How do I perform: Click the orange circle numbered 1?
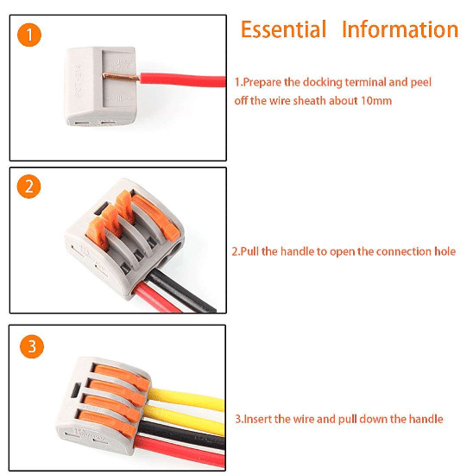pyautogui.click(x=29, y=35)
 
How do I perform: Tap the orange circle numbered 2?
pyautogui.click(x=28, y=187)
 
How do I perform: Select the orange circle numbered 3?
pyautogui.click(x=32, y=346)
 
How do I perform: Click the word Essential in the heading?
pyautogui.click(x=283, y=29)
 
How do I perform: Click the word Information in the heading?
pyautogui.click(x=400, y=29)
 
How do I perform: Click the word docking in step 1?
pyautogui.click(x=323, y=82)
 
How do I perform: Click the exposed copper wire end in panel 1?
pyautogui.click(x=121, y=77)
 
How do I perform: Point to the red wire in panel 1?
pyautogui.click(x=183, y=80)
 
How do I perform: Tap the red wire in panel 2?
pyautogui.click(x=157, y=298)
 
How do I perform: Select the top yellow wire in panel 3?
pyautogui.click(x=186, y=398)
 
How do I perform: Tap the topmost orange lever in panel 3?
pyautogui.click(x=122, y=377)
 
